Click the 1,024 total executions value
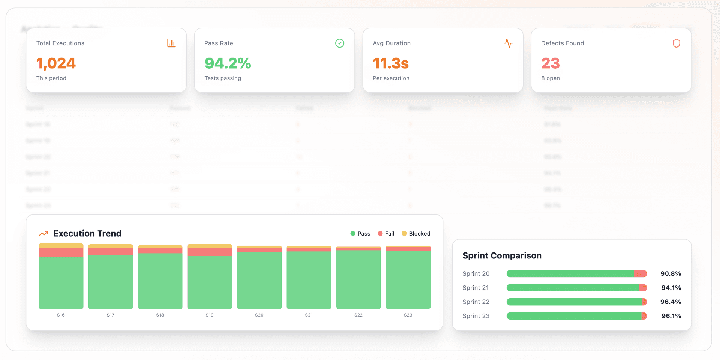[56, 63]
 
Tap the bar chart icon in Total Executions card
[171, 43]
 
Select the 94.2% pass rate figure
[228, 63]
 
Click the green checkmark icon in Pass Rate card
[339, 43]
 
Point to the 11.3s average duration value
[390, 63]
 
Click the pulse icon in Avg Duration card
[508, 43]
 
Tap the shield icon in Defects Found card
[676, 43]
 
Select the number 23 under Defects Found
[550, 63]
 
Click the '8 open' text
[550, 78]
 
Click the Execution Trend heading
[87, 233]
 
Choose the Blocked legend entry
[416, 233]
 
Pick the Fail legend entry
[386, 233]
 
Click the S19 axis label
[210, 315]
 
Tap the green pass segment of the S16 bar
[61, 283]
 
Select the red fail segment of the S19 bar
[210, 251]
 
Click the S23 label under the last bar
[408, 315]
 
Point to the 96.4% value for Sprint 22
[670, 301]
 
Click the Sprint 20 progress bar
[576, 273]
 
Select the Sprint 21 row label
[475, 288]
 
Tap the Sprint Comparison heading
[502, 255]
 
